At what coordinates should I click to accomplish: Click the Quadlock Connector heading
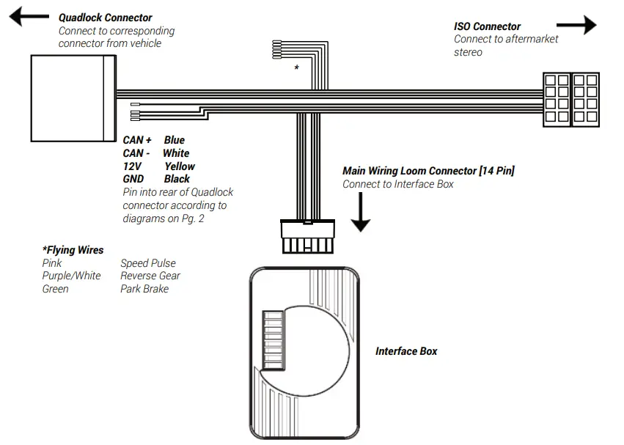pyautogui.click(x=105, y=18)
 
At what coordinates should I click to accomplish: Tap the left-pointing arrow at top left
pyautogui.click(x=28, y=18)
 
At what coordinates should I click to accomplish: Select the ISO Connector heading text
pyautogui.click(x=487, y=26)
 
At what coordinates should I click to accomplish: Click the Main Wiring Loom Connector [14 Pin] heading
pyautogui.click(x=428, y=171)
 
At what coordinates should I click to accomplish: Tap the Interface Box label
pyautogui.click(x=406, y=351)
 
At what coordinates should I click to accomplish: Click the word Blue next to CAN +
pyautogui.click(x=175, y=140)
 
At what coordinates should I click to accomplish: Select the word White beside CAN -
pyautogui.click(x=176, y=153)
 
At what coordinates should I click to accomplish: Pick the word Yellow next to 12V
pyautogui.click(x=180, y=166)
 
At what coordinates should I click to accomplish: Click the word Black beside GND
pyautogui.click(x=177, y=179)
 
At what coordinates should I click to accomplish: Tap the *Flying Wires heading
pyautogui.click(x=73, y=250)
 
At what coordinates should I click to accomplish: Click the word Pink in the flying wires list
pyautogui.click(x=52, y=263)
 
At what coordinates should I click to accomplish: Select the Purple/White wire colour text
pyautogui.click(x=71, y=276)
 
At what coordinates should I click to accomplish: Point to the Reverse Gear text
pyautogui.click(x=150, y=276)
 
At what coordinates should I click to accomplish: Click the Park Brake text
pyautogui.click(x=144, y=289)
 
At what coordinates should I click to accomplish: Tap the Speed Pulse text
pyautogui.click(x=148, y=263)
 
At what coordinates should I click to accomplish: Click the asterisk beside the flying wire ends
pyautogui.click(x=296, y=68)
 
